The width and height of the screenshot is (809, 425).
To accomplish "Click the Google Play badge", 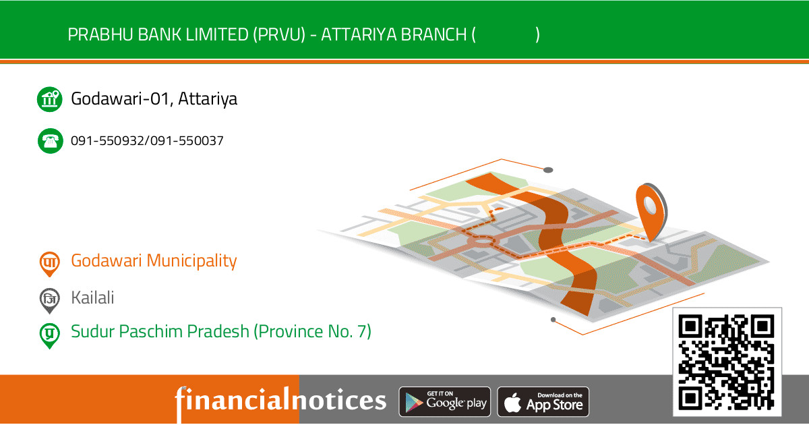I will click(445, 402).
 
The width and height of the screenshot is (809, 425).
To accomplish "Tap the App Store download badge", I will click(543, 402).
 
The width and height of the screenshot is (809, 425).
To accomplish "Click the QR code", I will click(725, 362).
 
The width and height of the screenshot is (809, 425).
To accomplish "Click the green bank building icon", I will click(49, 99).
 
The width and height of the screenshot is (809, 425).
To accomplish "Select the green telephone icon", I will click(49, 141).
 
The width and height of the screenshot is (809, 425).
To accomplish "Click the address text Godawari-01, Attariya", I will click(154, 99).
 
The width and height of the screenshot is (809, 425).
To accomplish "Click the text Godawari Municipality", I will click(154, 260).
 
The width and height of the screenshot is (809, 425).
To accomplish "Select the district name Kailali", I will click(92, 297).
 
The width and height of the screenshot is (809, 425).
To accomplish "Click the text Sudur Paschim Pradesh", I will click(160, 331).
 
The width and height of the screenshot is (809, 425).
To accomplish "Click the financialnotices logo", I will click(280, 401).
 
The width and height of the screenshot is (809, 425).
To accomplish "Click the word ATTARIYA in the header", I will click(358, 34).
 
